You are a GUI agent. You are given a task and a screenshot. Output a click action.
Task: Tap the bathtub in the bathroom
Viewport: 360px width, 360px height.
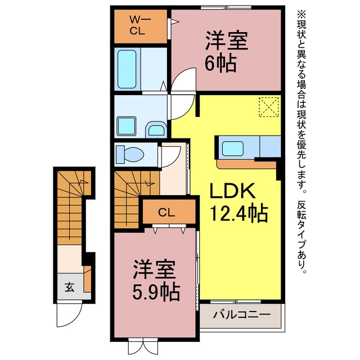point(127,69)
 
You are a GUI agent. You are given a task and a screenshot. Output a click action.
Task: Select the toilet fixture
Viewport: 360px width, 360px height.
point(130,154)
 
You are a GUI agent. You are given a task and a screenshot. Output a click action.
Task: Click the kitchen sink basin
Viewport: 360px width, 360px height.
point(232,148)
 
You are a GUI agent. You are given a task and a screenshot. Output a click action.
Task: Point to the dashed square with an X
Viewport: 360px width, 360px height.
point(269,107)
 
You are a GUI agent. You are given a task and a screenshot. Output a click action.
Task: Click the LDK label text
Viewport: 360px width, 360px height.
point(232,191)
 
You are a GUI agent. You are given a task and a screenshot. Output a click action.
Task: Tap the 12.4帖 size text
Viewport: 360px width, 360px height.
point(238,214)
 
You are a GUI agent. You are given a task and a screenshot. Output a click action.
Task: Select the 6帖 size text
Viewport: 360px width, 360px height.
point(220,64)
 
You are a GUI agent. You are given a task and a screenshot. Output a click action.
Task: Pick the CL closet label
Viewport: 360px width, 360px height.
point(166,213)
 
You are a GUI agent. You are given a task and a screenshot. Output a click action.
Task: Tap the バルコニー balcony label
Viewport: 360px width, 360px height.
point(241,314)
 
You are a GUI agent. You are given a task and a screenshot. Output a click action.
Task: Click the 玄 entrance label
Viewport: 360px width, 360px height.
point(69,287)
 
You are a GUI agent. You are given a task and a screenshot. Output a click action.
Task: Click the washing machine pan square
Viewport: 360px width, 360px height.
point(127,126)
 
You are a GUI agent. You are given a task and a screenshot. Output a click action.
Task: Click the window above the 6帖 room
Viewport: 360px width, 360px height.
point(226,7)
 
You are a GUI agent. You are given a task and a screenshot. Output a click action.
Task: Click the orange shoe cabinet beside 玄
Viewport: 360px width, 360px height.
point(87,279)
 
